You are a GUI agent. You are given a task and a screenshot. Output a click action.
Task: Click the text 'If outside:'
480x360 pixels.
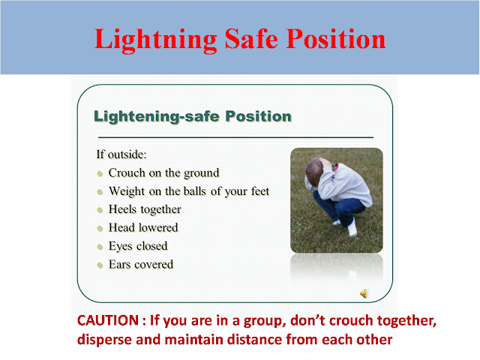tap(121, 154)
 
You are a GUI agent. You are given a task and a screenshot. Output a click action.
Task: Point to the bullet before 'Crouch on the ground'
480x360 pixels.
tap(100, 173)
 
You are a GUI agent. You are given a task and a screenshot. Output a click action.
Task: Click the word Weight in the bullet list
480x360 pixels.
tap(127, 191)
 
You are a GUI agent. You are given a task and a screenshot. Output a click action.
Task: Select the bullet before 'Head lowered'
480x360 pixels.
tap(100, 228)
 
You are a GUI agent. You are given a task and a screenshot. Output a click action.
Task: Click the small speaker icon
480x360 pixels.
tap(364, 292)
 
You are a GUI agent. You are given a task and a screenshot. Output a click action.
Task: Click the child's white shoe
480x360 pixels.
tap(352, 229)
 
